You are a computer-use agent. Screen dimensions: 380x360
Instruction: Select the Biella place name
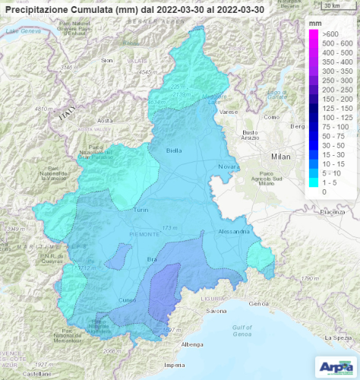point(175,150)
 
